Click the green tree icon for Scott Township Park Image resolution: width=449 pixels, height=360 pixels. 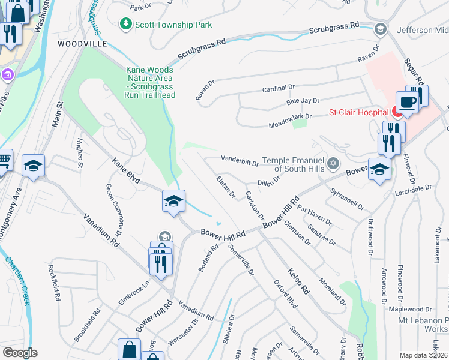[126, 24]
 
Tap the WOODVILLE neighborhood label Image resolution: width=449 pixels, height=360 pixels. [82, 44]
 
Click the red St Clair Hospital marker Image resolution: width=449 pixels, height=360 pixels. [396, 111]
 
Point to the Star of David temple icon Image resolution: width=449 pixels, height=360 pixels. [333, 163]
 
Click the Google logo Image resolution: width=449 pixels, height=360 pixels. [20, 352]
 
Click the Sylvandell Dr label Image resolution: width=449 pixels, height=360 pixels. [348, 198]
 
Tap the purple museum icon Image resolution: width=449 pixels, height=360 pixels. [7, 74]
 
